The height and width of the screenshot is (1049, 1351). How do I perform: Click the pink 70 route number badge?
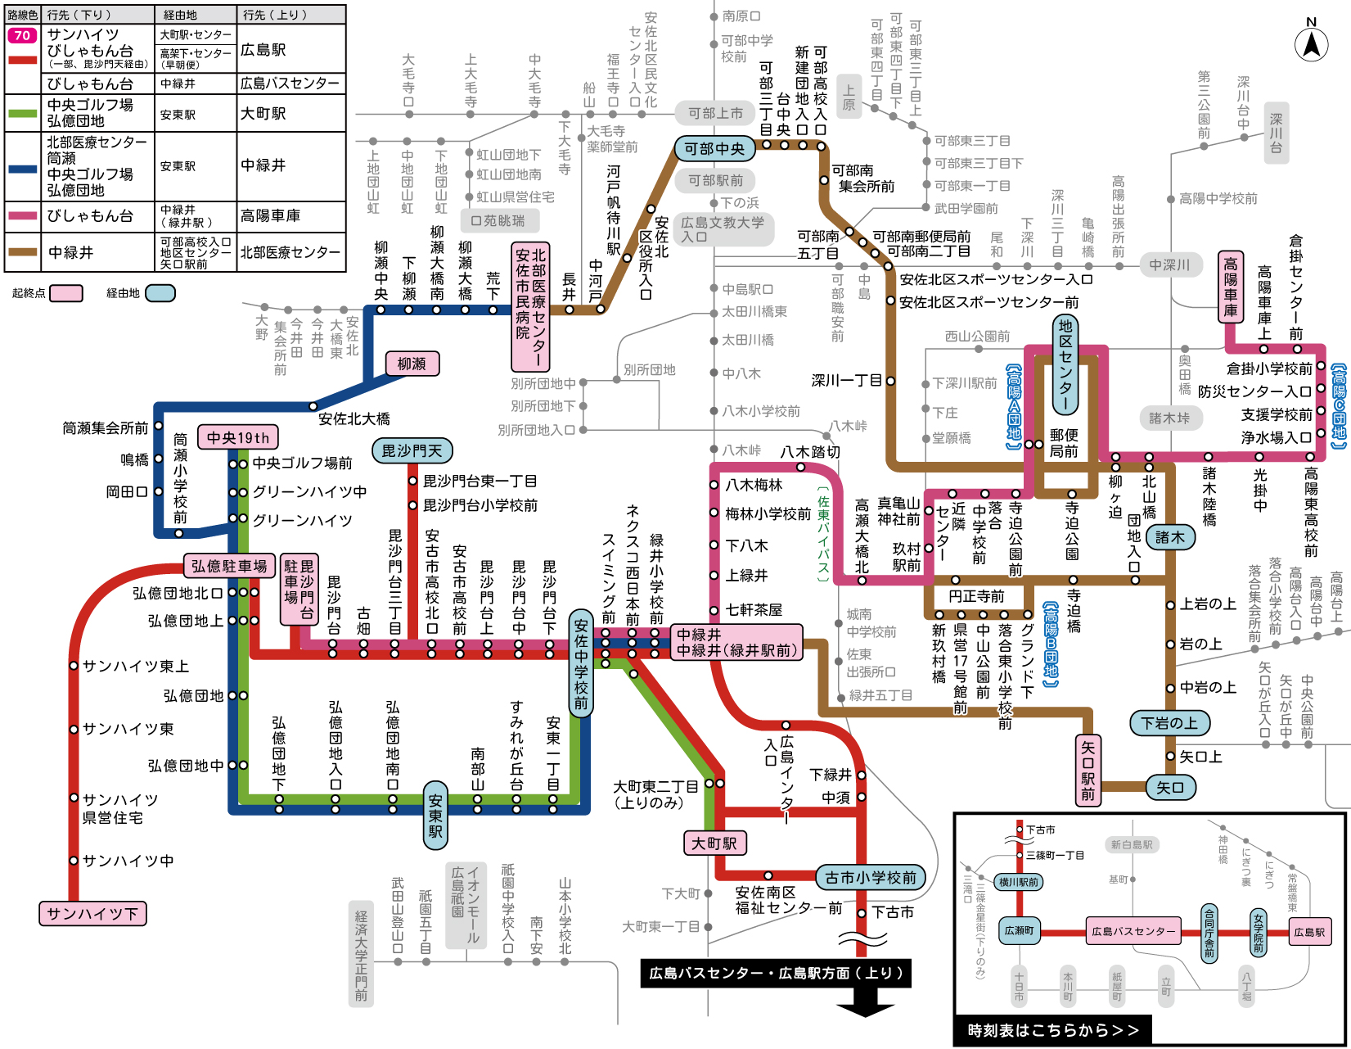pyautogui.click(x=22, y=35)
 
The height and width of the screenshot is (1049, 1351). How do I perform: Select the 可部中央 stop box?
pyautogui.click(x=714, y=149)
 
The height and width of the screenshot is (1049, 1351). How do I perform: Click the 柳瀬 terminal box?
pyautogui.click(x=412, y=364)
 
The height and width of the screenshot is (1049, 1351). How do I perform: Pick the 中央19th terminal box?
pyautogui.click(x=237, y=437)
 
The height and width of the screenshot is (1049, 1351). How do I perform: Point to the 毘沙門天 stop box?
pyautogui.click(x=412, y=450)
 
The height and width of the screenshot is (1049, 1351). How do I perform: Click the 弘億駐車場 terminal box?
pyautogui.click(x=229, y=566)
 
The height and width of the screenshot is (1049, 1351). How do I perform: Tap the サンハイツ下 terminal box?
pyautogui.click(x=92, y=913)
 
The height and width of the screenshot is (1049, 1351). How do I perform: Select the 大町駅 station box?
pyautogui.click(x=714, y=843)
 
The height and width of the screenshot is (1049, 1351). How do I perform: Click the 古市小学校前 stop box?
pyautogui.click(x=871, y=877)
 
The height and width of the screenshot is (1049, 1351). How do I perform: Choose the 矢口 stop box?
pyautogui.click(x=1170, y=787)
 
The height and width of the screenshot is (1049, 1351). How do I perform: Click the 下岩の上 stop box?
pyautogui.click(x=1169, y=723)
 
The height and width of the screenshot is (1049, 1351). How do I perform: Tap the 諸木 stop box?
pyautogui.click(x=1169, y=537)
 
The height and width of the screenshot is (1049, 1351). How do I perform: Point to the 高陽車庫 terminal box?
pyautogui.click(x=1231, y=287)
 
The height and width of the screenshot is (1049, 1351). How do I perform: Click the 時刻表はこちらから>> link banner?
pyautogui.click(x=1053, y=1030)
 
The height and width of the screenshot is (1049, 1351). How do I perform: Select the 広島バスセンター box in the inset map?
pyautogui.click(x=1133, y=931)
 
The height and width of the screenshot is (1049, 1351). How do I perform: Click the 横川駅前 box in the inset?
pyautogui.click(x=1019, y=882)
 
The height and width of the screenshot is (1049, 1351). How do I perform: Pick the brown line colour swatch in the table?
pyautogui.click(x=22, y=252)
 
